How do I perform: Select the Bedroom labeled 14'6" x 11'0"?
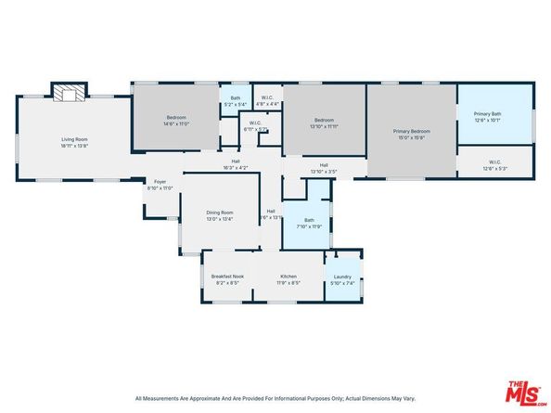[x=176, y=120]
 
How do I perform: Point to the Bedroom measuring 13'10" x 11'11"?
[x=324, y=123]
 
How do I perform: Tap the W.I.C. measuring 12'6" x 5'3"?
[x=494, y=164]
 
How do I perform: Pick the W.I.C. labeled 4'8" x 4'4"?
[x=267, y=98]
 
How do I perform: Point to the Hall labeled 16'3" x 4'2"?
[x=236, y=165]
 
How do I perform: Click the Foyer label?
[x=160, y=185]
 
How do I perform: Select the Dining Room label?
[x=220, y=216]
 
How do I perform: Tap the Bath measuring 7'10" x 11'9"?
[x=308, y=223]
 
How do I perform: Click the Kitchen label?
[x=288, y=278]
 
